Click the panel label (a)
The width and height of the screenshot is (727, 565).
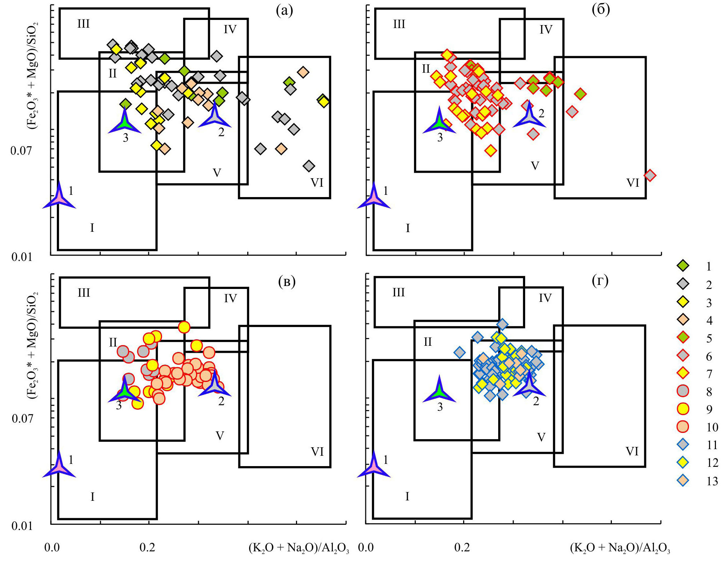click(x=284, y=11)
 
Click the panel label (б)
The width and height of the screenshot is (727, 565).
click(x=600, y=10)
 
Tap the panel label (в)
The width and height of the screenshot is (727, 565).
click(x=287, y=282)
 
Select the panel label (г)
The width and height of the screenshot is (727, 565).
click(x=600, y=281)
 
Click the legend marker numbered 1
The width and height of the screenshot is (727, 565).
click(x=683, y=266)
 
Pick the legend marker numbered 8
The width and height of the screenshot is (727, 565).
click(x=683, y=391)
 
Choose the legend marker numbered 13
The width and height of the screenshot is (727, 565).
click(x=683, y=480)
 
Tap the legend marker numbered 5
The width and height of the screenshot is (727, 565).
click(x=683, y=337)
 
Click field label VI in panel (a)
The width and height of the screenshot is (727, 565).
click(x=317, y=183)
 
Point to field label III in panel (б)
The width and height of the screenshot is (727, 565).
click(x=399, y=24)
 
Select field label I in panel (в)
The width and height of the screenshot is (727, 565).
click(x=92, y=497)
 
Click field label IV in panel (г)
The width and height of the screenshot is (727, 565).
click(x=545, y=298)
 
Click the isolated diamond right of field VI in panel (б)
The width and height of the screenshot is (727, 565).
click(x=650, y=175)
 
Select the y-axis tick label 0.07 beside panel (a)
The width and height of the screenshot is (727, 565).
click(x=21, y=151)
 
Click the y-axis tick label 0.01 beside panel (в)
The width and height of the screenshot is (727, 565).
click(x=22, y=526)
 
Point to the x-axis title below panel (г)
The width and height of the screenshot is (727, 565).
click(x=620, y=548)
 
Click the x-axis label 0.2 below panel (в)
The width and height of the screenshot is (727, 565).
click(x=147, y=547)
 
